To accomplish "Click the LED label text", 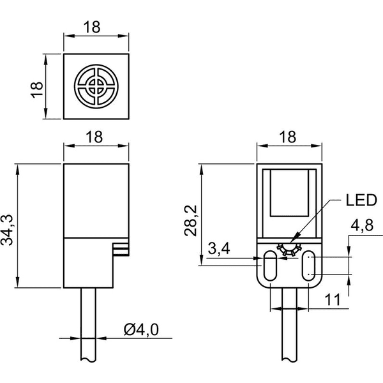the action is pyautogui.click(x=361, y=200).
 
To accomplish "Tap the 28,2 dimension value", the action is pyautogui.click(x=190, y=221).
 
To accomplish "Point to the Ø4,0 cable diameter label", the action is pyautogui.click(x=141, y=329).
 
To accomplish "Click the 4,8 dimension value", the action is pyautogui.click(x=362, y=225).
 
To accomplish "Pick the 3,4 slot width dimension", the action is pyautogui.click(x=219, y=249).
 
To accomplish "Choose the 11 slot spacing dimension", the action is pyautogui.click(x=333, y=300).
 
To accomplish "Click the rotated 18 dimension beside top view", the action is pyautogui.click(x=37, y=90).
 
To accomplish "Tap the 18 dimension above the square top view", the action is pyautogui.click(x=92, y=27).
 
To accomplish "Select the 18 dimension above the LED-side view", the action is pyautogui.click(x=288, y=137).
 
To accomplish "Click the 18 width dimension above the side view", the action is pyautogui.click(x=94, y=137).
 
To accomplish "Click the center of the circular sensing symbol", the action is pyautogui.click(x=96, y=86).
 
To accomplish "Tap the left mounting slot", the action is pyautogui.click(x=269, y=266).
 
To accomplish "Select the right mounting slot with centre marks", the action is pyautogui.click(x=309, y=266).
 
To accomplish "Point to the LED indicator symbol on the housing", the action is pyautogui.click(x=289, y=249).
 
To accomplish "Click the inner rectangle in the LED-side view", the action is pyautogui.click(x=289, y=193).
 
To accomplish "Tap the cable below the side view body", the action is pyautogui.click(x=88, y=324).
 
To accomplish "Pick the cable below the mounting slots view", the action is pyautogui.click(x=289, y=324).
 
